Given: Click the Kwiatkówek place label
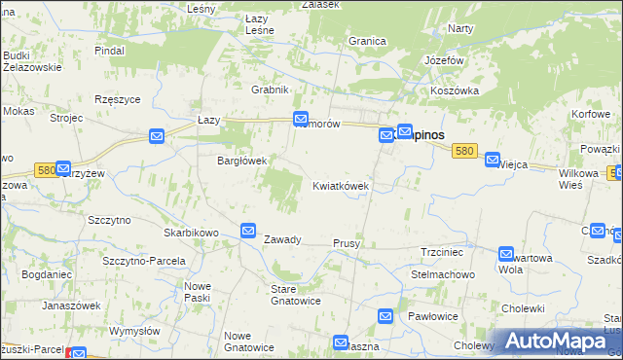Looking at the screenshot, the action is pyautogui.click(x=340, y=186).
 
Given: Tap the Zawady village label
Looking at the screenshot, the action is pyautogui.click(x=282, y=239).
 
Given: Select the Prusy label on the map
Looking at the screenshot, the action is pyautogui.click(x=347, y=243).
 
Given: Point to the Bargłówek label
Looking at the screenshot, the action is pyautogui.click(x=241, y=162).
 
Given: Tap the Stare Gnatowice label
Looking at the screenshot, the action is pyautogui.click(x=295, y=295).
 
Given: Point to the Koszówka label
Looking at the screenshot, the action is pyautogui.click(x=455, y=90).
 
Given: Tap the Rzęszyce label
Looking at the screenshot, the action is pyautogui.click(x=119, y=99).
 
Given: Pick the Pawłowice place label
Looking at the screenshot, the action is pyautogui.click(x=433, y=316).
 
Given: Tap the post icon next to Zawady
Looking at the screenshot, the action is pyautogui.click(x=248, y=230).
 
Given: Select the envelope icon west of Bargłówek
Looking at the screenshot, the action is pyautogui.click(x=156, y=137).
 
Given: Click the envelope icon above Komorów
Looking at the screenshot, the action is pyautogui.click(x=303, y=116).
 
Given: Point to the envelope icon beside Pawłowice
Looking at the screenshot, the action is pyautogui.click(x=385, y=316).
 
